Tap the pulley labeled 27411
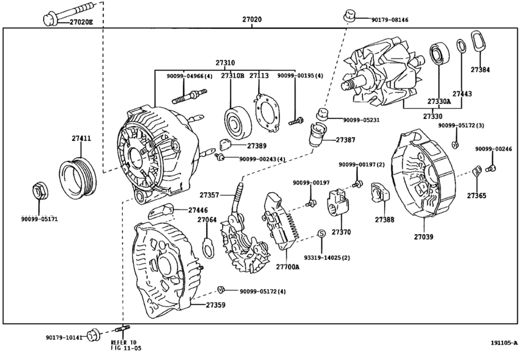(x=78, y=174)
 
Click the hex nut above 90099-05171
(x=39, y=191)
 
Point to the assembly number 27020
(x=251, y=20)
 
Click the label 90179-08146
(x=389, y=21)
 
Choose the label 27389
(x=256, y=146)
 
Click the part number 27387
(x=344, y=139)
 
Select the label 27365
(x=476, y=195)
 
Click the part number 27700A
(x=288, y=265)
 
